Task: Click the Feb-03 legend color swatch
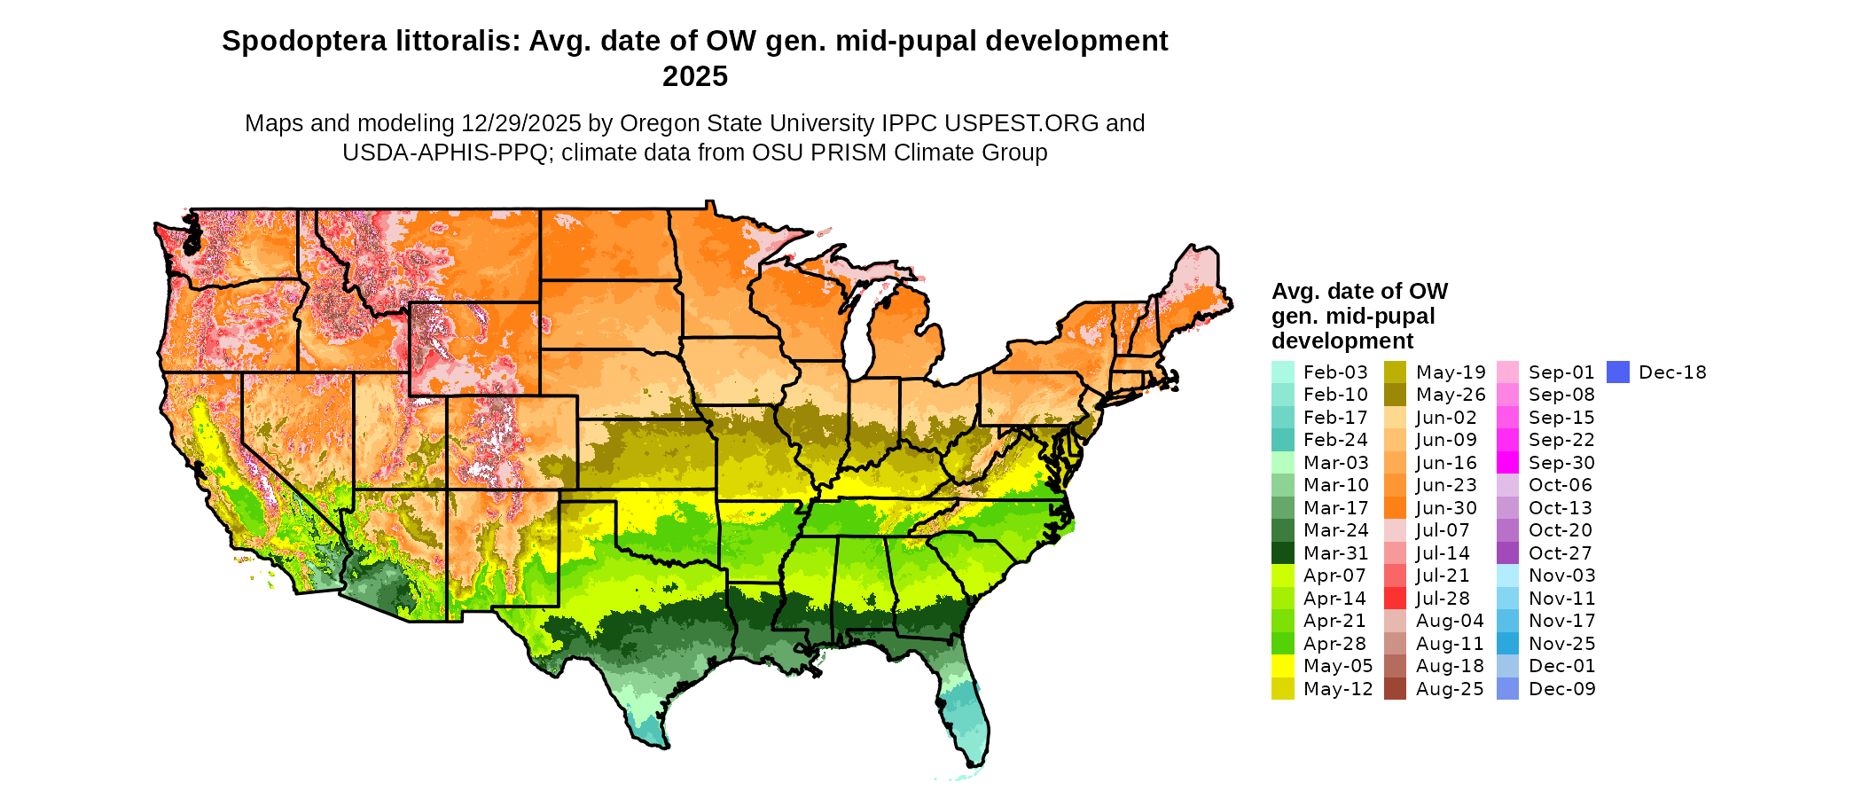click(1282, 372)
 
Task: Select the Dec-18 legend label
click(1672, 372)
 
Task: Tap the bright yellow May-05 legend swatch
click(1282, 666)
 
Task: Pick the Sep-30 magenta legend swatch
click(1507, 463)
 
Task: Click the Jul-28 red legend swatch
click(1395, 599)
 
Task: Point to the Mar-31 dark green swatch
click(1282, 553)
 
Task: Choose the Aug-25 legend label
click(1450, 689)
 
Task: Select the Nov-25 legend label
click(1562, 644)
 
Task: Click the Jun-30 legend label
click(1447, 508)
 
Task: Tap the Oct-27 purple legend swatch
click(1507, 553)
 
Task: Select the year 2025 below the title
click(695, 76)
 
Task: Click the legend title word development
click(1342, 341)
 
